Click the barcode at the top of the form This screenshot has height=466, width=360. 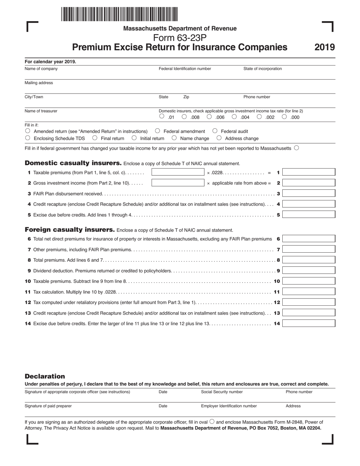119,14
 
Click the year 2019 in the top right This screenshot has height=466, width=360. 324,47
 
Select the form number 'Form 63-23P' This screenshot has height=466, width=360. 180,38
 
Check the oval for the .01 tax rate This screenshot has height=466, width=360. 162,117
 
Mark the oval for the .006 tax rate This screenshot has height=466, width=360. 209,117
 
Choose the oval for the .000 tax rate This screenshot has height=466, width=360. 284,117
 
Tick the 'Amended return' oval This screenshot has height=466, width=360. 28,131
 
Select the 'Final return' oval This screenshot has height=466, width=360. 95,138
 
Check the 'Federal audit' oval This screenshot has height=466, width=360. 215,131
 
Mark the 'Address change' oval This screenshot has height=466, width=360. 219,138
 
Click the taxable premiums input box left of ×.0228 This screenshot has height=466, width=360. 178,172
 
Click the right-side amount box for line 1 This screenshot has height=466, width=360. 308,172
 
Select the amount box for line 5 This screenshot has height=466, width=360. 308,214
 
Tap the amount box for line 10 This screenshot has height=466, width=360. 308,281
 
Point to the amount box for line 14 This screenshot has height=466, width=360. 308,324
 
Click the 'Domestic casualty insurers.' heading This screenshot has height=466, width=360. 73,163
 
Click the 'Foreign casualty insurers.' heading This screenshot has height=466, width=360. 70,230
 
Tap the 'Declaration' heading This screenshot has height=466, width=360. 45,376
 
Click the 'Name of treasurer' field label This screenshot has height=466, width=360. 41,111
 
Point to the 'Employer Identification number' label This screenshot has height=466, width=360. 229,406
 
